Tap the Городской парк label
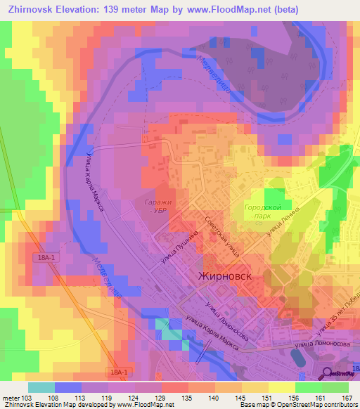coord(263,213)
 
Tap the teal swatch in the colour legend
coord(41,387)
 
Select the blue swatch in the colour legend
coord(68,387)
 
